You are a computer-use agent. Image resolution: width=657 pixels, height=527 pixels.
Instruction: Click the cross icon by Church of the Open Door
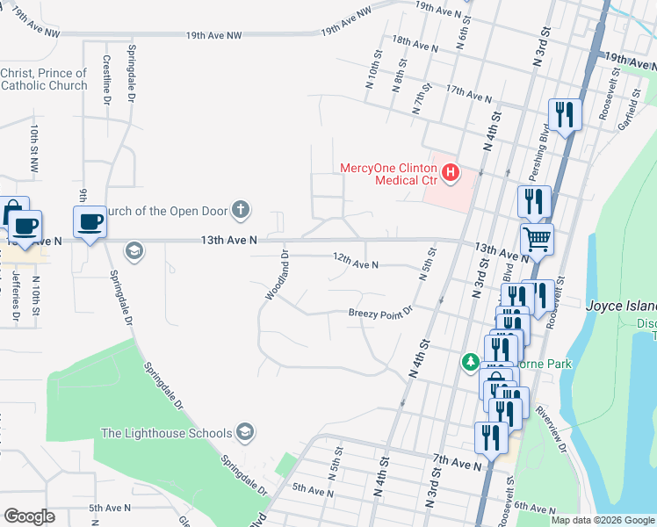tap(240, 209)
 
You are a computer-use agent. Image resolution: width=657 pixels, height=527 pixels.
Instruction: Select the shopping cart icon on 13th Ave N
tap(537, 236)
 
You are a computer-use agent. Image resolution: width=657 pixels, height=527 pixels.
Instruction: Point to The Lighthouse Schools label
tap(166, 433)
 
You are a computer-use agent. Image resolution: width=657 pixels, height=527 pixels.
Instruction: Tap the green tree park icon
tap(472, 362)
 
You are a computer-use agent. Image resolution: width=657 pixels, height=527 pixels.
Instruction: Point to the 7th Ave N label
tap(458, 461)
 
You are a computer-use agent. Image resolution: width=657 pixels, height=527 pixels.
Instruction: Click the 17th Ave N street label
tap(468, 93)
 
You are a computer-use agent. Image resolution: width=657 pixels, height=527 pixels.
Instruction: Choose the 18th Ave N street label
tap(415, 44)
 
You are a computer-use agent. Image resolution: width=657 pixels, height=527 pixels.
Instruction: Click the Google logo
tap(29, 516)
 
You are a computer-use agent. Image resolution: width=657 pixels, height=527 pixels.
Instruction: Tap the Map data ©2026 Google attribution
tap(603, 520)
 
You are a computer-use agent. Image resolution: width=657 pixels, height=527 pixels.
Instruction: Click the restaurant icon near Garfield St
tap(564, 113)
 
